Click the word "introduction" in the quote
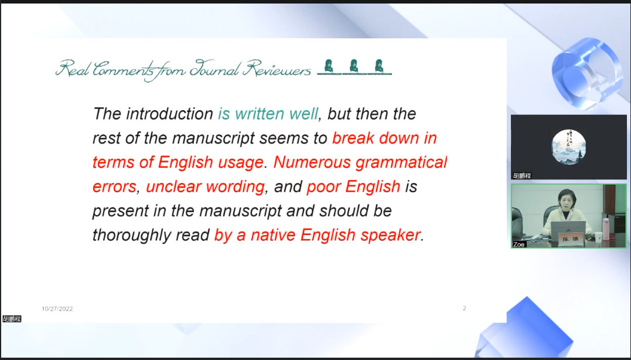pos(169,114)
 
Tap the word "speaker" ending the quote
pos(391,235)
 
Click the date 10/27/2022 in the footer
pos(57,308)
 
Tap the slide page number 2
pos(465,308)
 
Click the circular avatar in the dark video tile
pos(568,147)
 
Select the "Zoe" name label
pos(519,244)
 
